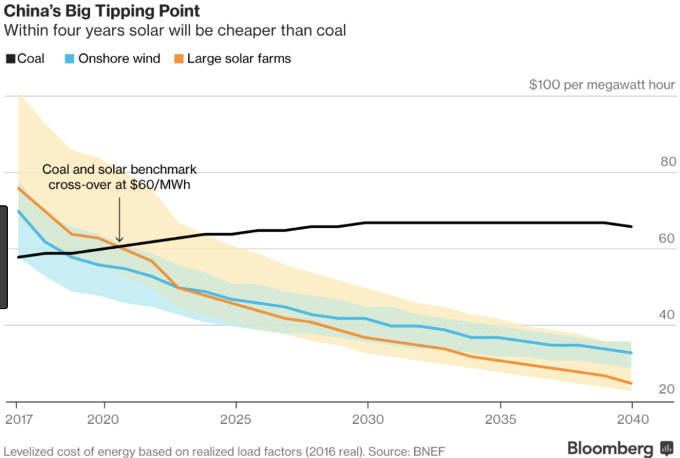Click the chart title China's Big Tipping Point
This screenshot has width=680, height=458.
(x=102, y=12)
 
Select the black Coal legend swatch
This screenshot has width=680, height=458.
(x=10, y=59)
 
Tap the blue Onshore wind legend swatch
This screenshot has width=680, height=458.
(x=69, y=59)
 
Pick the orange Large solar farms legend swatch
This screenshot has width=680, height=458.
(x=178, y=59)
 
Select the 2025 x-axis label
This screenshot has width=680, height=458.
(x=235, y=419)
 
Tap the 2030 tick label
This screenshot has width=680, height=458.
(x=368, y=419)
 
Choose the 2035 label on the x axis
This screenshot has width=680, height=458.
(x=500, y=419)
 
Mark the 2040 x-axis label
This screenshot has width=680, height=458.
(x=632, y=419)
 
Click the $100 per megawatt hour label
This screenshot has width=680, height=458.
(x=601, y=85)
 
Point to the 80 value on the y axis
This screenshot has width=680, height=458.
(x=666, y=162)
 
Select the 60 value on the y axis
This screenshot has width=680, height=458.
(x=666, y=238)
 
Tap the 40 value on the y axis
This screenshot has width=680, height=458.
(x=666, y=315)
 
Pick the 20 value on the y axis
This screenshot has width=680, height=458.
(x=666, y=390)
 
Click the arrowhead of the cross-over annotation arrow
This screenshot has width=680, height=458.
(x=119, y=241)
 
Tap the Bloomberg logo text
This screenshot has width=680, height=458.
(x=610, y=448)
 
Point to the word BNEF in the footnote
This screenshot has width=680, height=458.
(x=429, y=451)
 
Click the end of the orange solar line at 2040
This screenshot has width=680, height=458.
(x=631, y=383)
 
